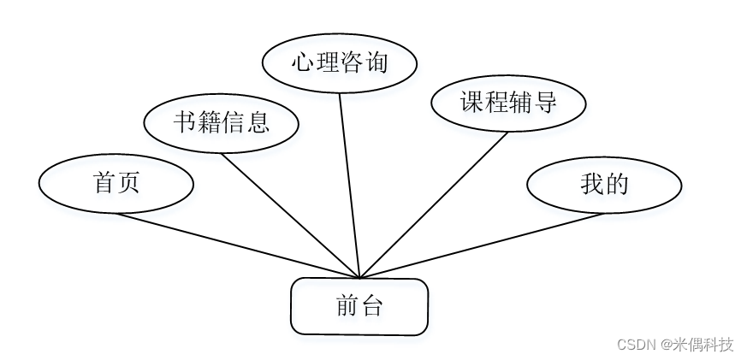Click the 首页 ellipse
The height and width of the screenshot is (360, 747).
click(116, 183)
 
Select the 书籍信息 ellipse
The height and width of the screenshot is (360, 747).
click(222, 123)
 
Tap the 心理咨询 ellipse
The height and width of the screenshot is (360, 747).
click(339, 63)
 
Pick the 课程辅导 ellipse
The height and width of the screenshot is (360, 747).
click(508, 103)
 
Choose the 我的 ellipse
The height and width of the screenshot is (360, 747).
click(604, 184)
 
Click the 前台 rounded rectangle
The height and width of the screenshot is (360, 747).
click(359, 306)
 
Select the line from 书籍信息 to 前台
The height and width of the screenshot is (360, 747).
click(291, 215)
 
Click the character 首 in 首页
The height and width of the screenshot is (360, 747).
click(104, 183)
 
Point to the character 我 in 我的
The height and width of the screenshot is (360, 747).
click(592, 184)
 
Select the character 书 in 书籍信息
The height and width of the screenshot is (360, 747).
click(185, 123)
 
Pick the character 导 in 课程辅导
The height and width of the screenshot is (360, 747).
click(545, 103)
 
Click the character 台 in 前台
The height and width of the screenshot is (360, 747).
click(371, 306)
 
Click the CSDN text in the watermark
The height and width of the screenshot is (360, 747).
click(636, 345)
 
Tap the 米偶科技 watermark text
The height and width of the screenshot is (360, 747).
click(704, 345)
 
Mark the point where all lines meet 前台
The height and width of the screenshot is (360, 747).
click(359, 279)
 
